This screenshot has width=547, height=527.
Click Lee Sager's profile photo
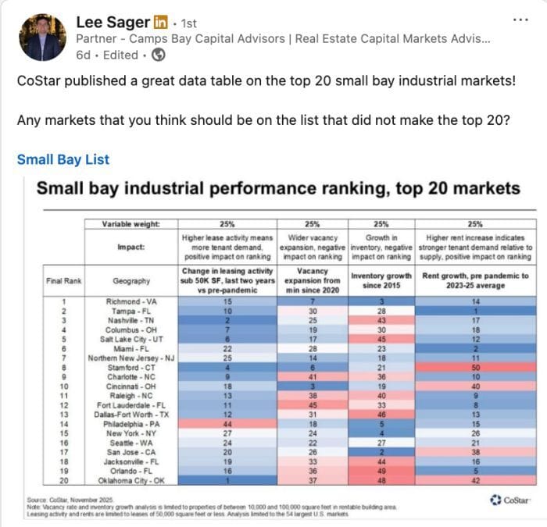pyautogui.click(x=41, y=37)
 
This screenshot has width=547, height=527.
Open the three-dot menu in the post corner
pyautogui.click(x=518, y=19)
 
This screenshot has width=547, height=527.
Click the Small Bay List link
pyautogui.click(x=63, y=159)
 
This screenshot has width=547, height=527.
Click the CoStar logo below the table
pyautogui.click(x=509, y=500)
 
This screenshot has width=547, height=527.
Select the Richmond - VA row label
pyautogui.click(x=131, y=301)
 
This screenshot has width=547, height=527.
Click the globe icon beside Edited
pyautogui.click(x=158, y=55)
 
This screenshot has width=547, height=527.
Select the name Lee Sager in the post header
pyautogui.click(x=114, y=23)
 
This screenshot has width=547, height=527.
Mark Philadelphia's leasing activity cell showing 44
pyautogui.click(x=227, y=423)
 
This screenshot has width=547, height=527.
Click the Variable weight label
pyautogui.click(x=131, y=224)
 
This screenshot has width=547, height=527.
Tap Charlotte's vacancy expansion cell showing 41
pyautogui.click(x=313, y=376)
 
